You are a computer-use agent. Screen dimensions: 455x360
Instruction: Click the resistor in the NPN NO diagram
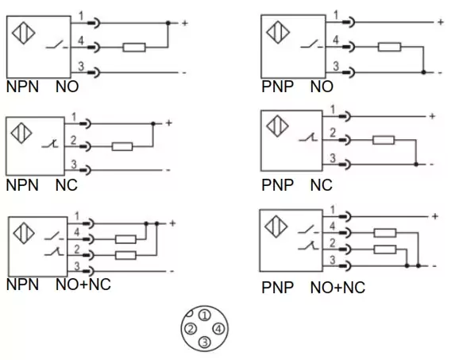pyautogui.click(x=134, y=48)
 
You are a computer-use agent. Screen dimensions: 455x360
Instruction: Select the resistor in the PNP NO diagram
pyautogui.click(x=389, y=47)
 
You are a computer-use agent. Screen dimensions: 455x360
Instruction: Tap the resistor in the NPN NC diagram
pyautogui.click(x=122, y=146)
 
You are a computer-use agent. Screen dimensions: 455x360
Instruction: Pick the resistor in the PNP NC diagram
pyautogui.click(x=384, y=140)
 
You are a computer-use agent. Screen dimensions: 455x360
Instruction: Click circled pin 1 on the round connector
pyautogui.click(x=205, y=315)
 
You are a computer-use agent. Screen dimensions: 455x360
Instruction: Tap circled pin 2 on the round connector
pyautogui.click(x=191, y=329)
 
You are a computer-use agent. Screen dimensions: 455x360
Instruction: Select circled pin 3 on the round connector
pyautogui.click(x=205, y=342)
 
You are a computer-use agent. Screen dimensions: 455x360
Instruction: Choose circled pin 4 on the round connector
pyautogui.click(x=218, y=329)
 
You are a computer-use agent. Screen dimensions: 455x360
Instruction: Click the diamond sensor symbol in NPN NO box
pyautogui.click(x=24, y=33)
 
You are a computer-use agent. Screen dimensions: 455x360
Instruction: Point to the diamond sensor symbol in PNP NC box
pyautogui.click(x=277, y=126)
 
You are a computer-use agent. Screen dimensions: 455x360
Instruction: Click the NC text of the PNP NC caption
pyautogui.click(x=322, y=185)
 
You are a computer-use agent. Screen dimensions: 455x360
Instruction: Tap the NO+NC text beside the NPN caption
pyautogui.click(x=83, y=285)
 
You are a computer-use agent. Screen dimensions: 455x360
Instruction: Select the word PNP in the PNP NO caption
pyautogui.click(x=277, y=87)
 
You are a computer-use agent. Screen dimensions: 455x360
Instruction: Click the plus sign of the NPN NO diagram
pyautogui.click(x=184, y=23)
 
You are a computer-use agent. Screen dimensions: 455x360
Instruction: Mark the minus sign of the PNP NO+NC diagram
pyautogui.click(x=434, y=266)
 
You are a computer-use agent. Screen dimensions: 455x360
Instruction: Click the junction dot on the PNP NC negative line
pyautogui.click(x=416, y=165)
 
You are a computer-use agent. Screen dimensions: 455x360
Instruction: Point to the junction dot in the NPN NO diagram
pyautogui.click(x=168, y=22)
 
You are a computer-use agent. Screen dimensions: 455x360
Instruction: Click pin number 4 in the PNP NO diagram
pyautogui.click(x=336, y=40)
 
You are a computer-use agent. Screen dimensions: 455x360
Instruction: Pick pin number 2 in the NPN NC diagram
pyautogui.click(x=74, y=140)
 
